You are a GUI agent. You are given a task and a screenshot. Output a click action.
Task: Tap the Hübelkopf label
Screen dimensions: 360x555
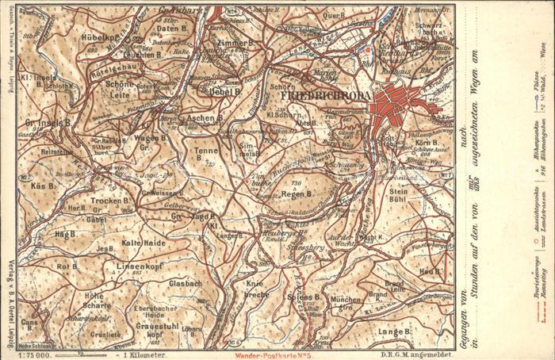point(99,35)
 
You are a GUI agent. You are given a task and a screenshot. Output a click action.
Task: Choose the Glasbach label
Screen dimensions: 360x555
point(186,282)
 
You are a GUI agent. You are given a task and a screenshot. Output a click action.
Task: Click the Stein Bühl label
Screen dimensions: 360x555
point(399,194)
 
